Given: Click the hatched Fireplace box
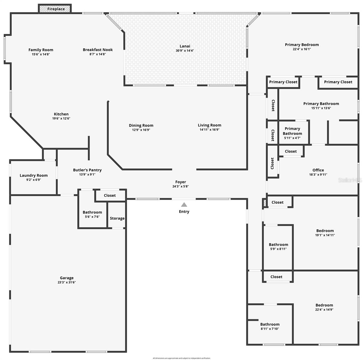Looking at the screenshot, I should tap(55, 9).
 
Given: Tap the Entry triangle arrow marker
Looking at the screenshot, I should tap(184, 205).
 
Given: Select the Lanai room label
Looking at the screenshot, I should tap(185, 46).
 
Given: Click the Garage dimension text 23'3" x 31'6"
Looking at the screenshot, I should tap(67, 282).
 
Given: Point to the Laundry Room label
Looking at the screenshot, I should tap(34, 175).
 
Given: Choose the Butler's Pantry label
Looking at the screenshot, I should tap(87, 170).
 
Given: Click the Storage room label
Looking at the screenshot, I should tap(117, 218).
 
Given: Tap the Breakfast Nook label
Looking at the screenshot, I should tap(98, 50).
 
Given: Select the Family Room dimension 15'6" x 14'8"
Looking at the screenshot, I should tap(41, 54).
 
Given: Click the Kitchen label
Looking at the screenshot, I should tap(61, 114).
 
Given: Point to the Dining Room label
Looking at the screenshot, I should tap(141, 125).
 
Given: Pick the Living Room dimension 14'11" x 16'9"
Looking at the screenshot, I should tap(210, 130).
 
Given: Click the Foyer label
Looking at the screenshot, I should tap(180, 182).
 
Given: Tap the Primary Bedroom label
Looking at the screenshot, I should tap(302, 45).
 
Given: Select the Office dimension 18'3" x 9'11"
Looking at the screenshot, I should tap(318, 175).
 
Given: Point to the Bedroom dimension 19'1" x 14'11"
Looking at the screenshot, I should tap(325, 235).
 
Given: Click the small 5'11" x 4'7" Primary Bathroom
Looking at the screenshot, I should tap(292, 133).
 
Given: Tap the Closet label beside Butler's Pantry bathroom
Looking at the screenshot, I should tap(110, 196).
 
